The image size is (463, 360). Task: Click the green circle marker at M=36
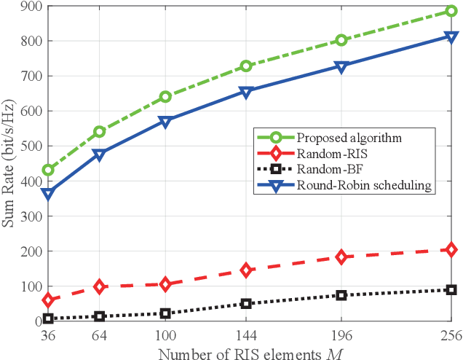(48, 170)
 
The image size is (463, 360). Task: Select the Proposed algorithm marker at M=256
(451, 11)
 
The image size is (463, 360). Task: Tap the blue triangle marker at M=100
(165, 122)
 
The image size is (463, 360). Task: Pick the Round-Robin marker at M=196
(341, 66)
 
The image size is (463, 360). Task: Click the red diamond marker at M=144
(246, 270)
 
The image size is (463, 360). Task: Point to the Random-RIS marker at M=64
(99, 287)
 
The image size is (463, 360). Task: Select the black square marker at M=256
(451, 289)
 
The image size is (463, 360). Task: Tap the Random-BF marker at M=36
(48, 318)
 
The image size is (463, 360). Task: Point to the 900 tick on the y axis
(28, 7)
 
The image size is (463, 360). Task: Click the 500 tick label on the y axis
(28, 146)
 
